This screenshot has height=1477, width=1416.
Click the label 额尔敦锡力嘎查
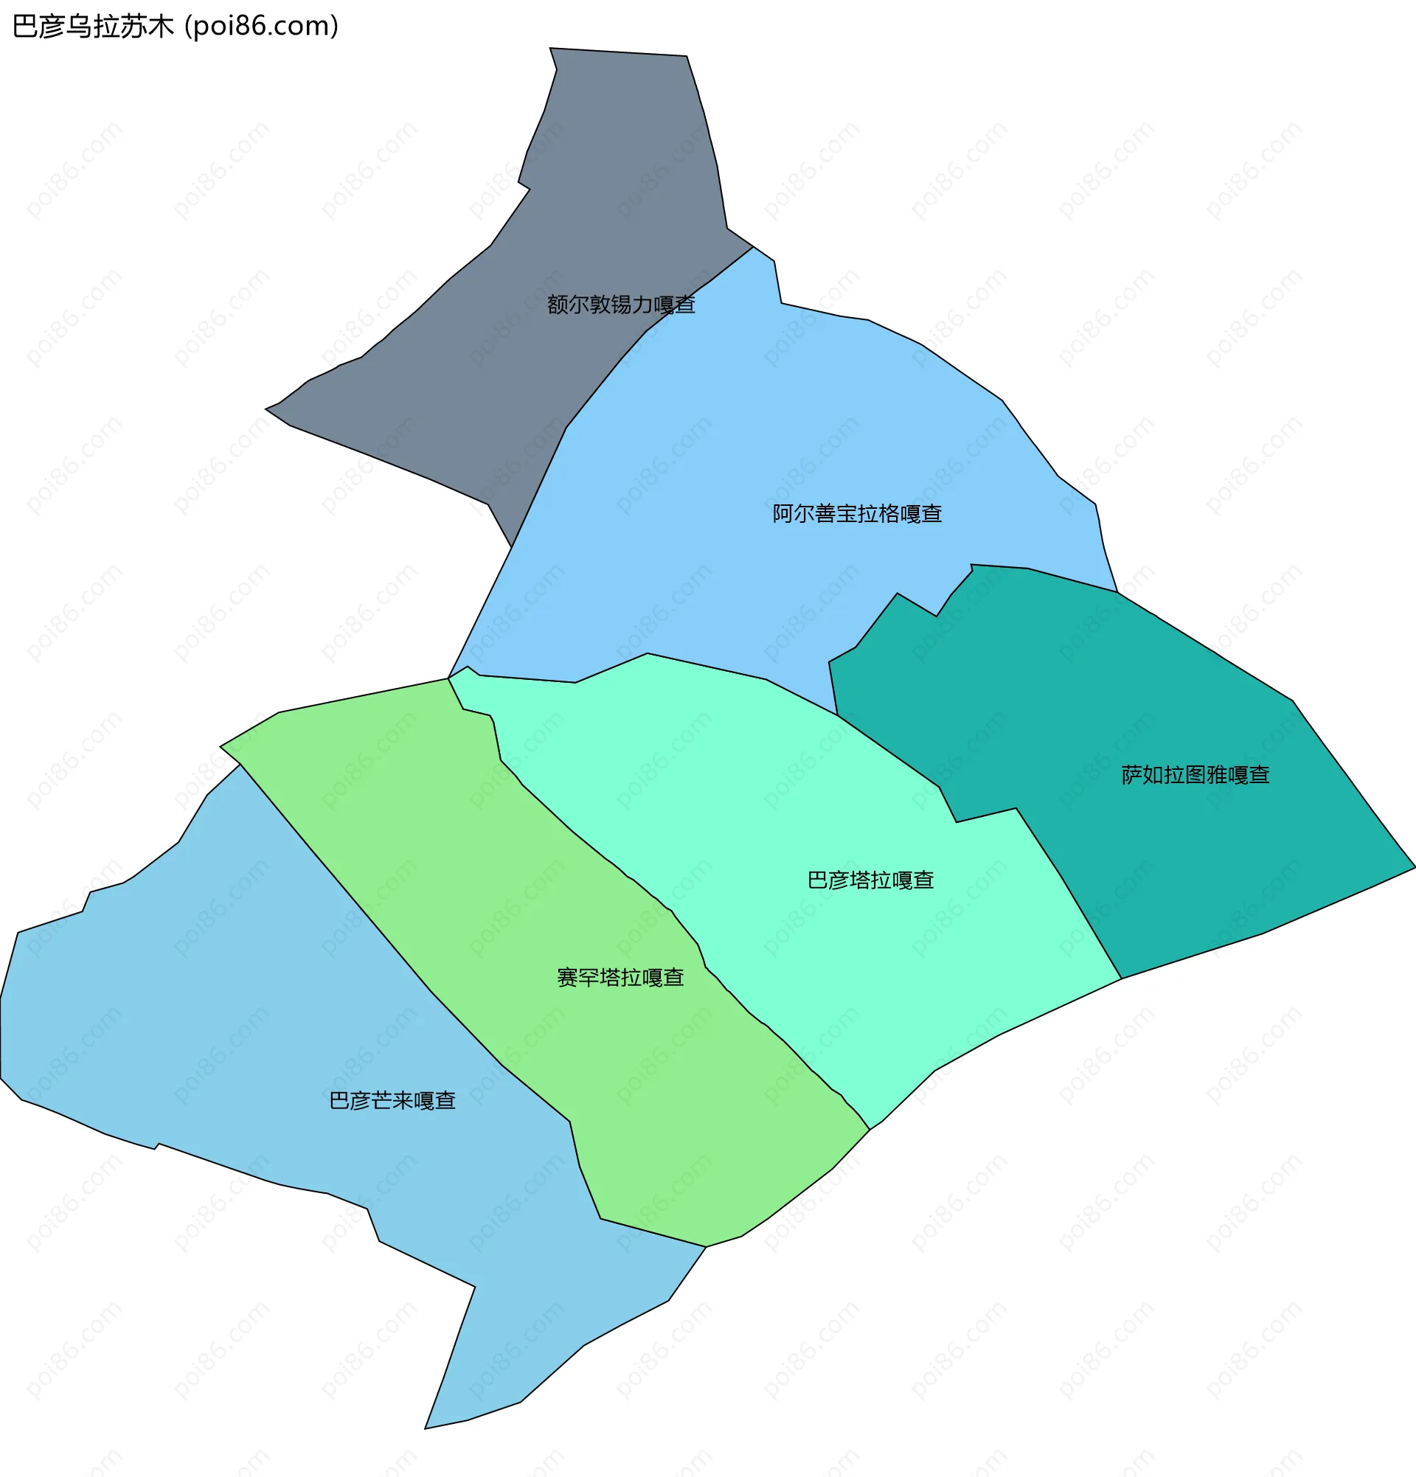(620, 305)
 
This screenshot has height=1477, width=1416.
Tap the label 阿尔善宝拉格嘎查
(857, 514)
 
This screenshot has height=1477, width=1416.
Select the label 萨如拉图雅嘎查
(1195, 775)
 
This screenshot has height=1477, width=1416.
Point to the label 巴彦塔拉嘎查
(870, 880)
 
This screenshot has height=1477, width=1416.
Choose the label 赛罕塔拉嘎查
(620, 977)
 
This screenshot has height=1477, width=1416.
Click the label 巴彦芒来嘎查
(392, 1101)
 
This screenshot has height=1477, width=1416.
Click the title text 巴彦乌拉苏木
(94, 27)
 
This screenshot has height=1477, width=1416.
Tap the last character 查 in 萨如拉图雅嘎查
(1260, 775)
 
